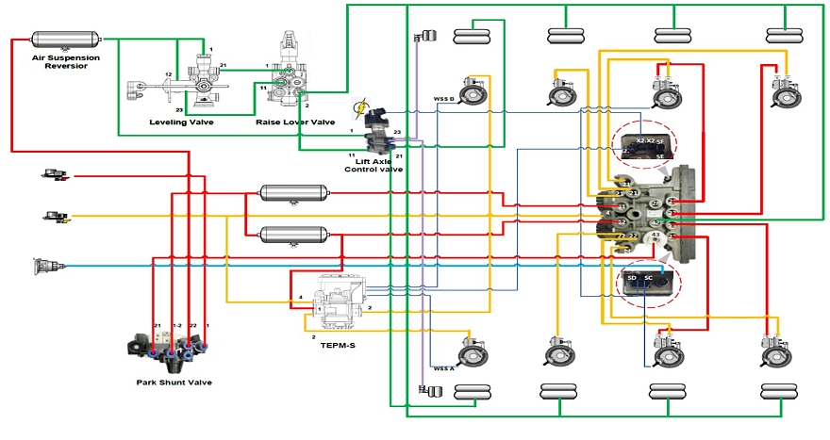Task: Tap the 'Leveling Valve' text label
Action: pos(181,122)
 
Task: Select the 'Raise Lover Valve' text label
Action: pos(295,122)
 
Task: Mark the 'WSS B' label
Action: pos(443,98)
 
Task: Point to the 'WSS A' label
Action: pos(443,368)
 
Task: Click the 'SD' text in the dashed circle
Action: pos(633,279)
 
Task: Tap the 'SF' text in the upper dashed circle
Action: pos(660,141)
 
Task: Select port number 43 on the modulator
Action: pos(656,235)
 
